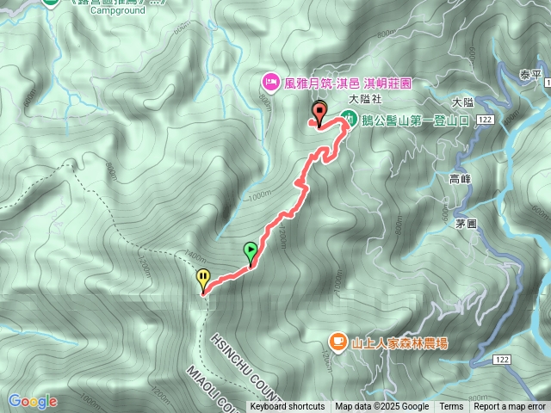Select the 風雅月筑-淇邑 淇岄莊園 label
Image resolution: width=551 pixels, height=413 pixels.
pos(349,83)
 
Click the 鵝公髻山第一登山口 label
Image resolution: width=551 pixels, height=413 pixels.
pos(415,121)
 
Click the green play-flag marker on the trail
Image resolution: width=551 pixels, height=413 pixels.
pos(251,252)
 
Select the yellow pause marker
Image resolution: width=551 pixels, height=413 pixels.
pos(203,279)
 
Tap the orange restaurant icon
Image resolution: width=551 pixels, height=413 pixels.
pos(337,342)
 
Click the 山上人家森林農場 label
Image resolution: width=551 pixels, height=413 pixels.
pos(399,343)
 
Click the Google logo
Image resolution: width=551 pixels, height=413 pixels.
pos(33,401)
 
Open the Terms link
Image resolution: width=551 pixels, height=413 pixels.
pos(451,407)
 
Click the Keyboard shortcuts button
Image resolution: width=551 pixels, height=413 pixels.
pos(288,407)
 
